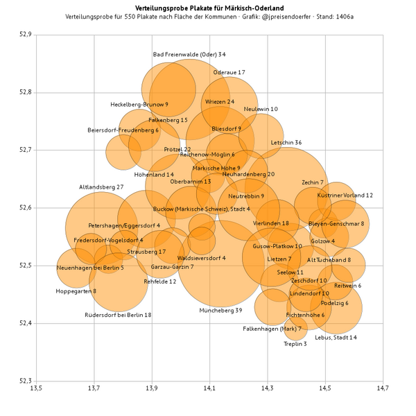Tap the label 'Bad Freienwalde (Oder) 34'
point(189,54)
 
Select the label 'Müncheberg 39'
point(220,311)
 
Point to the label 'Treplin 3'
point(295,344)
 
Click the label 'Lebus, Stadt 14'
point(336,338)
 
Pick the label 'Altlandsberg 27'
point(101,187)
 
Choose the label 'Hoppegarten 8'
point(76,291)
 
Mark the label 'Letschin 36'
point(286,143)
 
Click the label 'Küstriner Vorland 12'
point(345,196)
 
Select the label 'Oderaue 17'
point(229,72)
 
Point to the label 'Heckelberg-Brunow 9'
point(139,105)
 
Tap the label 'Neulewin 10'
point(261,109)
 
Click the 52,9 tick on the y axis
point(25,35)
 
